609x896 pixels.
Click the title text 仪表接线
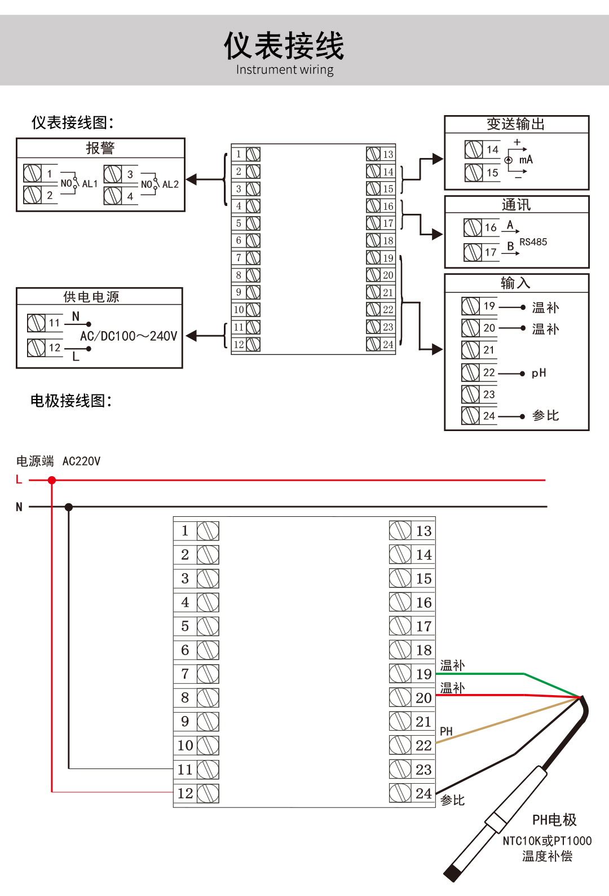[284, 46]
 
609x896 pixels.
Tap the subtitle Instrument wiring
[285, 69]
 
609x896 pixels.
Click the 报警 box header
[100, 148]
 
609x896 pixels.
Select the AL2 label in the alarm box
[170, 184]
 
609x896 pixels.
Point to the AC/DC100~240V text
[129, 336]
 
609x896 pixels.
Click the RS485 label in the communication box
[533, 242]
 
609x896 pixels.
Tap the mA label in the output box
[526, 160]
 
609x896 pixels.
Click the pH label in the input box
[539, 373]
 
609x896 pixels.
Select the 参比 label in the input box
[545, 416]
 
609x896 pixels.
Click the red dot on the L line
[51, 480]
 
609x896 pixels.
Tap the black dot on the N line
[69, 507]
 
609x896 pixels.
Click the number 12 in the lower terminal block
[185, 793]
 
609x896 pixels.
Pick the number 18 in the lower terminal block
[424, 650]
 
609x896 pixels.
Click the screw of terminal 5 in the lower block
[208, 626]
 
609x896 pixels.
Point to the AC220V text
[82, 461]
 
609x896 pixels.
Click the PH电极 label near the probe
[554, 820]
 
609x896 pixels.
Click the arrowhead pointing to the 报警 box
[192, 179]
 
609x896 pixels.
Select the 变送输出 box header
[516, 124]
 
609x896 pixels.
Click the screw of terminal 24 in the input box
[470, 416]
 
